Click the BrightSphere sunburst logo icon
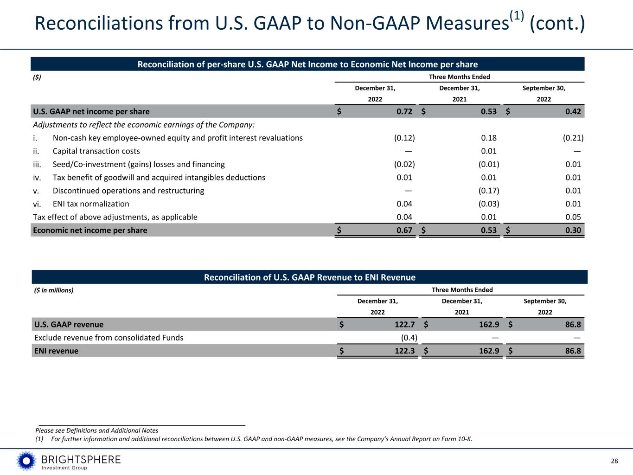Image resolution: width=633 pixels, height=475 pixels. click(26, 461)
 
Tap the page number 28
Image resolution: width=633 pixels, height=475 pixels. click(614, 461)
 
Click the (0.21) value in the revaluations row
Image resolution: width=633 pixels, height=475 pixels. click(573, 138)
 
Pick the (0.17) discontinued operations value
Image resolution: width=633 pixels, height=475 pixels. click(489, 191)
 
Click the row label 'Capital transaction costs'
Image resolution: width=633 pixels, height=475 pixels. click(96, 151)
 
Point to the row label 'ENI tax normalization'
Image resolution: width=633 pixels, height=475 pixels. click(91, 204)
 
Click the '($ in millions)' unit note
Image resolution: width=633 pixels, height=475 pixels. click(54, 290)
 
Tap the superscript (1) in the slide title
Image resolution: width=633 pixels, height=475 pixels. click(517, 16)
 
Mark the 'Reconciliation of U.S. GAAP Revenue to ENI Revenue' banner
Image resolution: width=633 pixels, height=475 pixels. click(310, 277)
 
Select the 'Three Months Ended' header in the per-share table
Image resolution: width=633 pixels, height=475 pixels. click(459, 77)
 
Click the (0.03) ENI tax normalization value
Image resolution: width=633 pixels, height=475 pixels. click(489, 204)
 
